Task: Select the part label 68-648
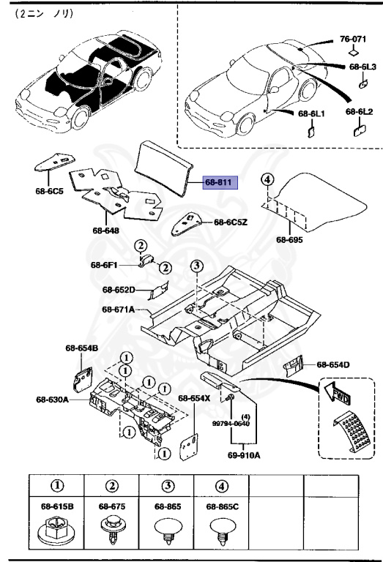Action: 105,231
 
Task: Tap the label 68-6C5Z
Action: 231,222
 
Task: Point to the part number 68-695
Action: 289,239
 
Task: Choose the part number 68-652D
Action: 119,290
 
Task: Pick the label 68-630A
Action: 52,400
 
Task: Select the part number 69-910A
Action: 244,454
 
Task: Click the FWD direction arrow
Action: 335,394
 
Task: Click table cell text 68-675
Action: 112,506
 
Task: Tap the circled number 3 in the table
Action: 167,486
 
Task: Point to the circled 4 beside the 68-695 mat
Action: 267,180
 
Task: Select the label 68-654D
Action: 333,364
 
